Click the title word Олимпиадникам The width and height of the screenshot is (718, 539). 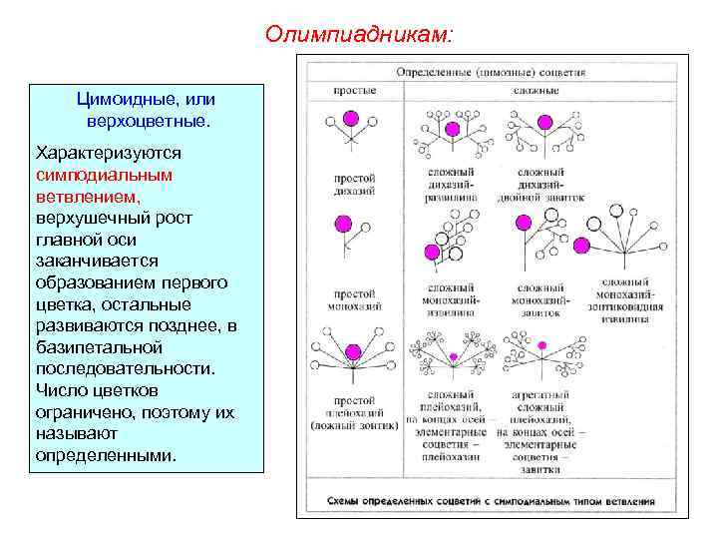pos(358,35)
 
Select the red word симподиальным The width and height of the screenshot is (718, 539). pos(104,174)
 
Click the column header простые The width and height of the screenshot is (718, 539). pos(354,91)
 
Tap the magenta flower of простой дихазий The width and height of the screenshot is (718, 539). pos(350,120)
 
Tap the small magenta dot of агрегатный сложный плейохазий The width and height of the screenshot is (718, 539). pos(541,345)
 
